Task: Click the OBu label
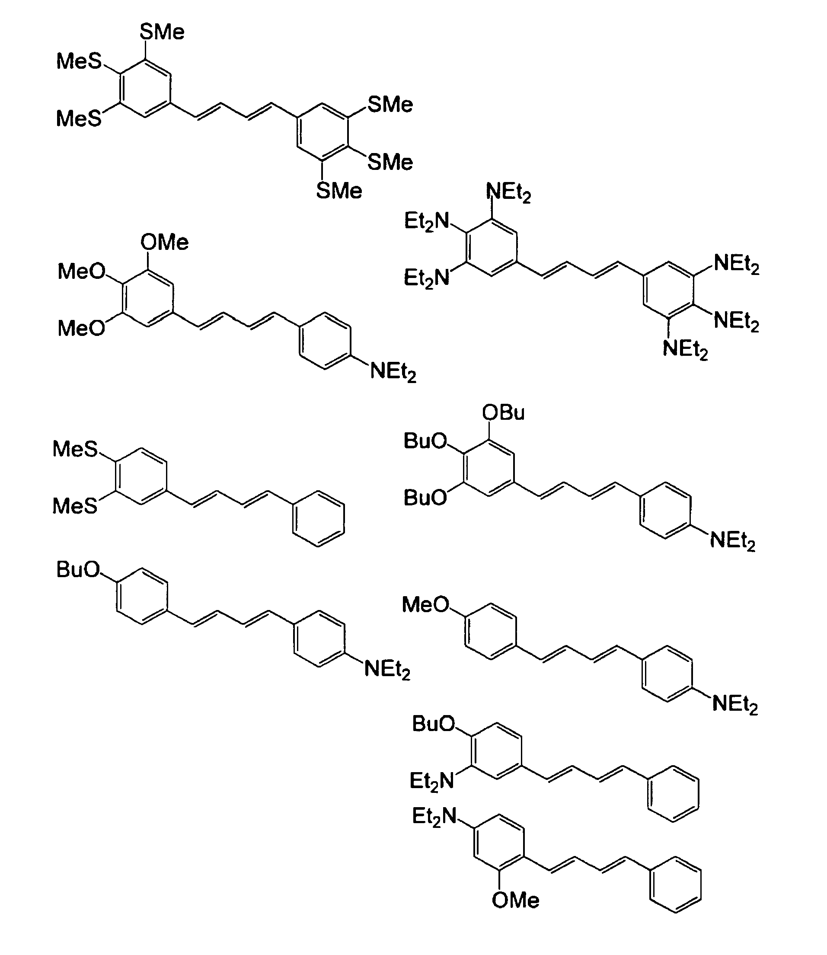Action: point(503,412)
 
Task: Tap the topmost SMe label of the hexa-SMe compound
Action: point(162,32)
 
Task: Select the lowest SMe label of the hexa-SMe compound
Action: point(339,191)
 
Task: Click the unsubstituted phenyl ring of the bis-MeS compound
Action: point(319,518)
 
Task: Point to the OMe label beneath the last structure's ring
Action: point(515,900)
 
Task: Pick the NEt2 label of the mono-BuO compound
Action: point(387,669)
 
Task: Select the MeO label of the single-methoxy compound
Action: point(425,604)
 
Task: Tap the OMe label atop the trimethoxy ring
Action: point(164,243)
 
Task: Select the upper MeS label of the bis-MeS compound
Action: point(75,449)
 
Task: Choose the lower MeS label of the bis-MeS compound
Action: point(75,506)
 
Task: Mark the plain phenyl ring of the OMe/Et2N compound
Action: point(675,885)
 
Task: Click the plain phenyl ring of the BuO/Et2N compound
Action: point(673,793)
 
